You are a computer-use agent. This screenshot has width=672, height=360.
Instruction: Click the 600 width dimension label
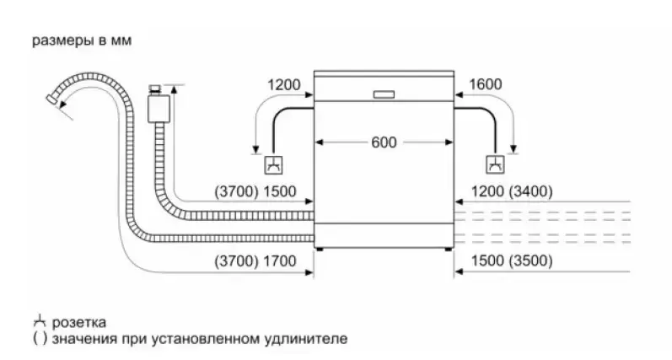pos(383,142)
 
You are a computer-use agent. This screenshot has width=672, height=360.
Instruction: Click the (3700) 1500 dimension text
pos(256,191)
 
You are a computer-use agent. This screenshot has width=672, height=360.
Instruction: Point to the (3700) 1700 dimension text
pos(256,261)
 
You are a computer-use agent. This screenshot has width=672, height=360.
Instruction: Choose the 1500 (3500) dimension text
pos(510,261)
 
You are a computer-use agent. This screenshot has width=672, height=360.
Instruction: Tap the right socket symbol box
pos(493,164)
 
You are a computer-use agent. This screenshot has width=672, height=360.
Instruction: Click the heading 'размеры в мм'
pos(82,40)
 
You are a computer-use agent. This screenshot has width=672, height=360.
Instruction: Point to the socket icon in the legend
pos(38,321)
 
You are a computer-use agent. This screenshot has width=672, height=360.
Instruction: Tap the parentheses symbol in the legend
pos(39,339)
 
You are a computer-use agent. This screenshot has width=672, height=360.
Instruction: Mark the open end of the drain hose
pos(53,101)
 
